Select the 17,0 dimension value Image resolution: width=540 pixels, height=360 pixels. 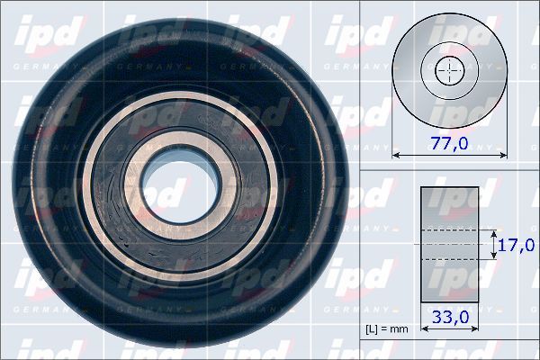[x=517, y=244]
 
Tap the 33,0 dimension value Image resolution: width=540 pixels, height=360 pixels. [x=451, y=317]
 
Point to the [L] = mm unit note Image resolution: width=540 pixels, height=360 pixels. [x=387, y=329]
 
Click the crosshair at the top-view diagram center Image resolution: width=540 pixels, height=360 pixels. [x=448, y=71]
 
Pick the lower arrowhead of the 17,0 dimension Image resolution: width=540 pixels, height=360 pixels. [x=494, y=256]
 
